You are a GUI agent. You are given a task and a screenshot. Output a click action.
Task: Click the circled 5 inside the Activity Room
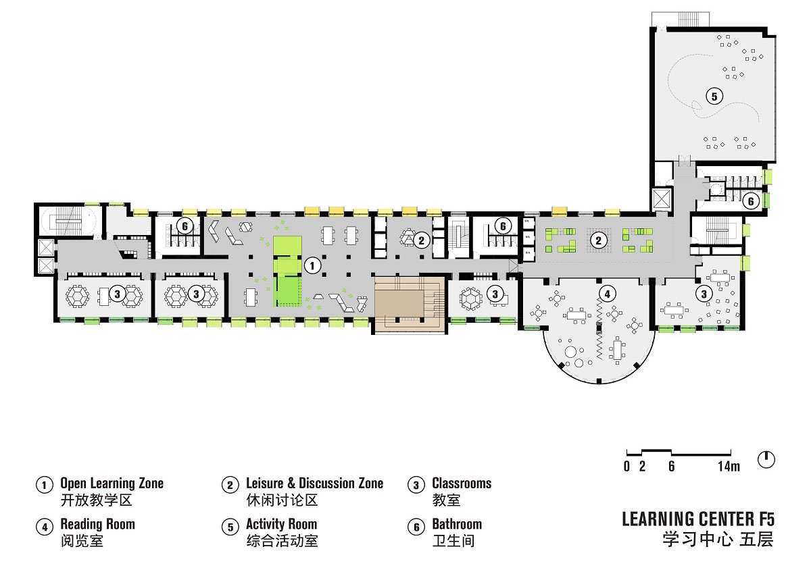714,97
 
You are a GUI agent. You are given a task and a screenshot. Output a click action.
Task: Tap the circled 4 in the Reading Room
607,294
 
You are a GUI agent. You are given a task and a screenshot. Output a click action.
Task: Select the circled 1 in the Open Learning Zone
312,266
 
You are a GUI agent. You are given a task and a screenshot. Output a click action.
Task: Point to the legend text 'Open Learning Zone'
112,483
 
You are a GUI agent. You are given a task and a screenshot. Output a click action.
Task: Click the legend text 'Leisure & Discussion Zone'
315,483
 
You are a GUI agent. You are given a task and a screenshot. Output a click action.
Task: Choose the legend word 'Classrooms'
462,483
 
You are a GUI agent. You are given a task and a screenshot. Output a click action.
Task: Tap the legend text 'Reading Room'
97,524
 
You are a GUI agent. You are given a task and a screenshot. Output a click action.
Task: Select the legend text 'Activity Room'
281,524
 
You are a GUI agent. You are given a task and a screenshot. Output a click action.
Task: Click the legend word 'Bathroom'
457,524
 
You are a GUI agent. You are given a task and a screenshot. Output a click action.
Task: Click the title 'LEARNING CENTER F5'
698,519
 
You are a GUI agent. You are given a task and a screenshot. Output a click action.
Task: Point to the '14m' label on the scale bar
729,467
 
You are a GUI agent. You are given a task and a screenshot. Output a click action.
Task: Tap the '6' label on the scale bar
672,467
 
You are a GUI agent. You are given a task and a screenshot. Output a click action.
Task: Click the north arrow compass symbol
766,460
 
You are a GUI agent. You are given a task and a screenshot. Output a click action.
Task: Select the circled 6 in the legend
416,527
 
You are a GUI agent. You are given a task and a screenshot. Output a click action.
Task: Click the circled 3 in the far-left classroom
117,294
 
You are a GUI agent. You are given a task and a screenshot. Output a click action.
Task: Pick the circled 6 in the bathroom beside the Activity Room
751,201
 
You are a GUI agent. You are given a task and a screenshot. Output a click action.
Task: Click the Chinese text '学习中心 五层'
718,540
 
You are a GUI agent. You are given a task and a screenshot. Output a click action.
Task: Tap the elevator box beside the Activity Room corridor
662,199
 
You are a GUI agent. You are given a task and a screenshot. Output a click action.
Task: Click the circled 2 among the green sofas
598,240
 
